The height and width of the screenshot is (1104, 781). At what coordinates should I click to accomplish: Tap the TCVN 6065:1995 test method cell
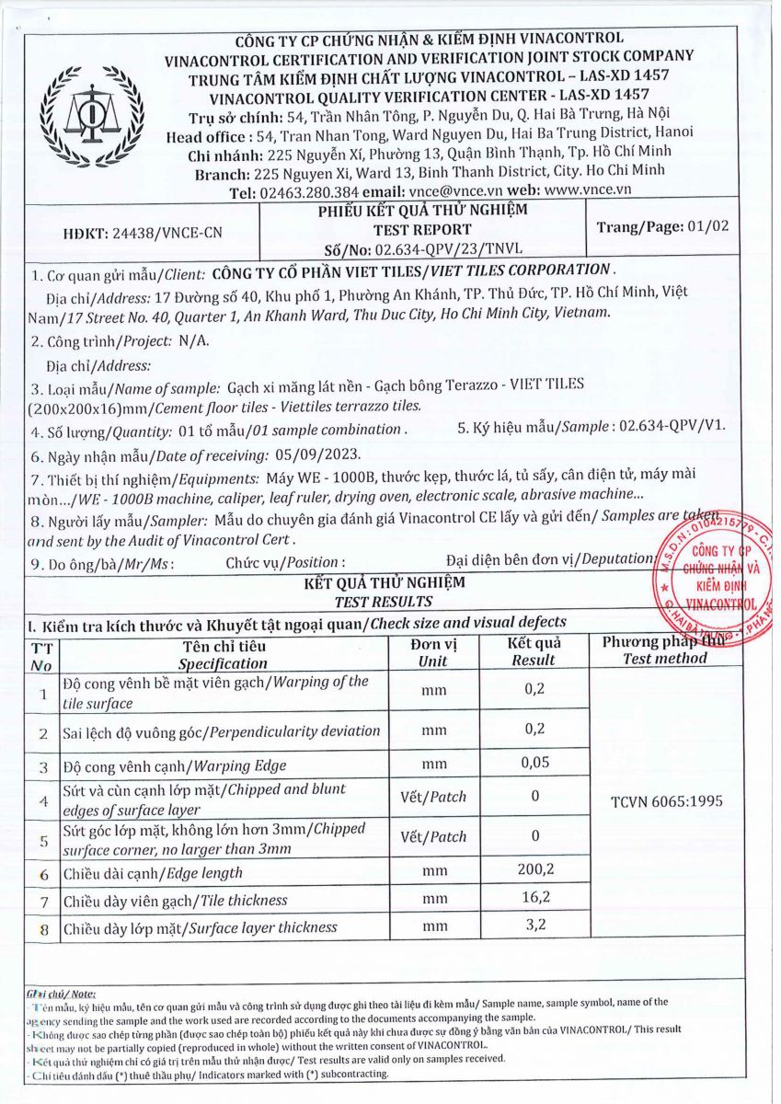pyautogui.click(x=666, y=800)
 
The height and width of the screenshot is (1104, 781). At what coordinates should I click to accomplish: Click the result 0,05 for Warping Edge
pyautogui.click(x=533, y=763)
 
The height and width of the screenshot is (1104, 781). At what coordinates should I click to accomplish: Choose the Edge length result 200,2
pyautogui.click(x=533, y=870)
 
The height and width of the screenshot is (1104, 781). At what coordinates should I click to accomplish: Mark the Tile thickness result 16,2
pyautogui.click(x=533, y=898)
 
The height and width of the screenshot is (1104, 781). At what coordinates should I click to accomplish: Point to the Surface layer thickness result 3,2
pyautogui.click(x=533, y=925)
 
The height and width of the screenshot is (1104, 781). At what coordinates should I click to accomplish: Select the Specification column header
pyautogui.click(x=223, y=654)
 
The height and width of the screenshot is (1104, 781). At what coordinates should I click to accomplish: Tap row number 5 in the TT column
pyautogui.click(x=43, y=839)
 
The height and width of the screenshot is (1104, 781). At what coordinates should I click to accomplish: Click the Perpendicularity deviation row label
pyautogui.click(x=221, y=731)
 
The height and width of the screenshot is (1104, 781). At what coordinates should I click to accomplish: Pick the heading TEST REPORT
pyautogui.click(x=422, y=229)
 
